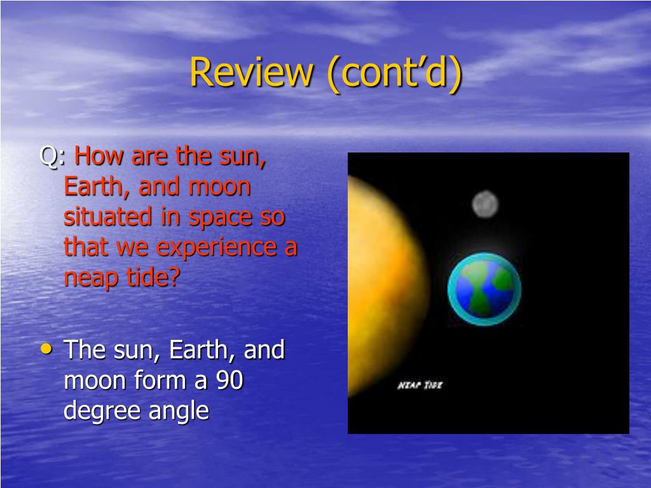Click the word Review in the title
pos(251,72)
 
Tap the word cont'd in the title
pos(394,73)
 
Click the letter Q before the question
pos(48,157)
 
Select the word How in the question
pos(99,156)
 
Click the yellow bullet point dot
pos(46,349)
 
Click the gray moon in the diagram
pos(485,204)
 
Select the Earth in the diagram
pos(484,289)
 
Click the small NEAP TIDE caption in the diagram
pos(420,386)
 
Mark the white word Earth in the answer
pos(198,350)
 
